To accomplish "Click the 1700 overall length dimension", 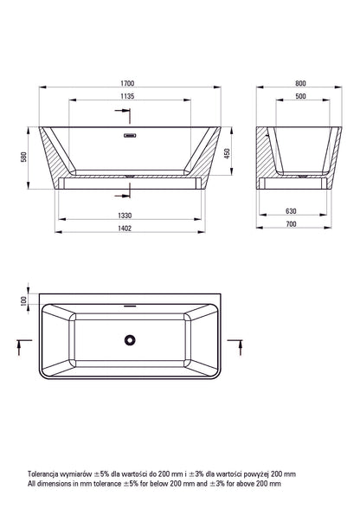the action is [127, 83].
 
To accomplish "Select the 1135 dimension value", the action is [127, 96].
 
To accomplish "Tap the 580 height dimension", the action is [23, 158].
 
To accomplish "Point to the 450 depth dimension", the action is [227, 153].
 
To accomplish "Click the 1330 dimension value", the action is [125, 216].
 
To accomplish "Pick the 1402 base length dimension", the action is [125, 229].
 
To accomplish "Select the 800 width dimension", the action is [300, 83].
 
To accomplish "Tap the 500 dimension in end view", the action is [300, 96].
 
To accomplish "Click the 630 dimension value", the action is [291, 211].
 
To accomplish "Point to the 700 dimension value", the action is [291, 224].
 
